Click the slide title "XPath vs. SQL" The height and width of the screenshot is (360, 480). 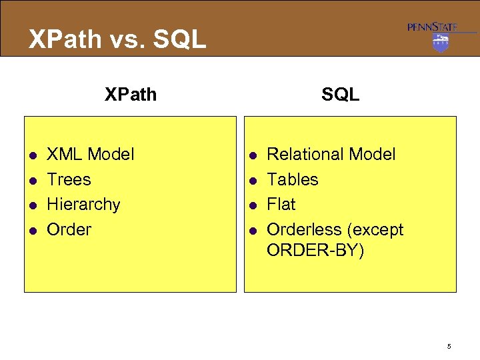tap(117, 39)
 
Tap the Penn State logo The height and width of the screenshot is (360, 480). tap(441, 36)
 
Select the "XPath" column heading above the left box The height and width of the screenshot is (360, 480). tap(131, 95)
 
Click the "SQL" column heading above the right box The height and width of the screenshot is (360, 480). tap(340, 95)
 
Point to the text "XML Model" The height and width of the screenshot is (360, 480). tap(90, 155)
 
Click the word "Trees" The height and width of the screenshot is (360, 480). tap(69, 180)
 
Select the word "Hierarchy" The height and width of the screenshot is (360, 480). tap(83, 205)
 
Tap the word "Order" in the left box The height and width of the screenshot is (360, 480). tap(69, 230)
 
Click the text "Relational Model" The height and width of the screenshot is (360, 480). tap(331, 155)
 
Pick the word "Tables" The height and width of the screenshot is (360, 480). tap(293, 180)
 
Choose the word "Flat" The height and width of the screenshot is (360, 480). tap(281, 205)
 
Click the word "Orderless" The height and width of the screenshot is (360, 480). tap(304, 230)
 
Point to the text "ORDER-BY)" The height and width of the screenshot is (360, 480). tap(315, 251)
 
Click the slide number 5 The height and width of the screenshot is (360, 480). tap(449, 346)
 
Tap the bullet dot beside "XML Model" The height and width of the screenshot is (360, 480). tap(32, 156)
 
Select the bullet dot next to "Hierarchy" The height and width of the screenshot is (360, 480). tap(32, 206)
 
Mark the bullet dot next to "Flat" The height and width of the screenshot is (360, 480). tap(253, 206)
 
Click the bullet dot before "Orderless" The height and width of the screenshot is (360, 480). tap(253, 231)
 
